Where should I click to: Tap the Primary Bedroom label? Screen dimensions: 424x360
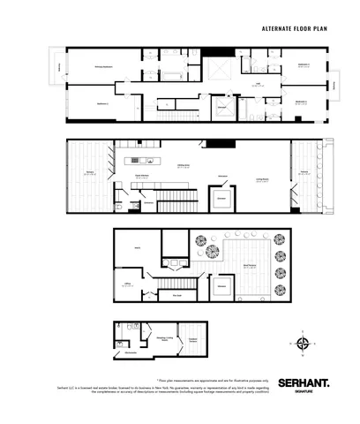pos(103,67)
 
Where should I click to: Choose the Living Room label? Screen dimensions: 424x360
pos(263,179)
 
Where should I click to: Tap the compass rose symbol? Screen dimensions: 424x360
pos(303,344)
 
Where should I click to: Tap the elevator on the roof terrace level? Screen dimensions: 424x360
pos(221,287)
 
